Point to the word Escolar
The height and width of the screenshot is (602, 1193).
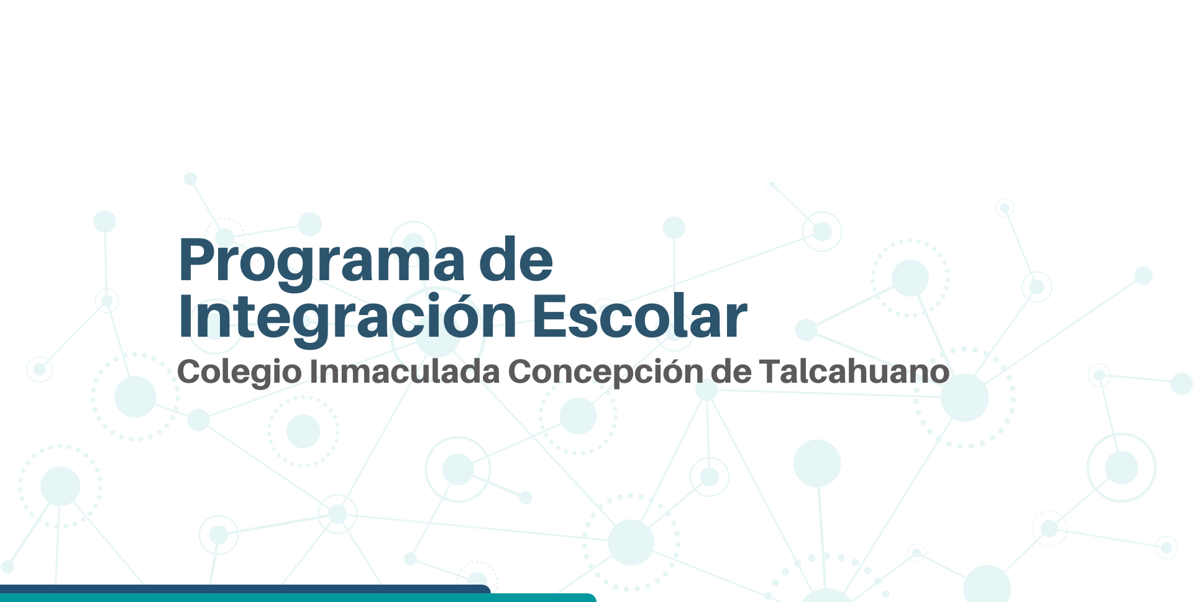(640, 316)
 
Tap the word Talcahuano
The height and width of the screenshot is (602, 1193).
(854, 371)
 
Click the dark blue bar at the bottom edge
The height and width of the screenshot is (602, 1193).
(245, 589)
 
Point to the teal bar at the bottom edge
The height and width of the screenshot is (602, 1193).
(298, 598)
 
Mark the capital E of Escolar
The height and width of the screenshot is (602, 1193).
(549, 317)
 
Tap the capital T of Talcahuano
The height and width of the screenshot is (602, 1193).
(773, 371)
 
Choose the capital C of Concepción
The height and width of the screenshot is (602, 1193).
(520, 371)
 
